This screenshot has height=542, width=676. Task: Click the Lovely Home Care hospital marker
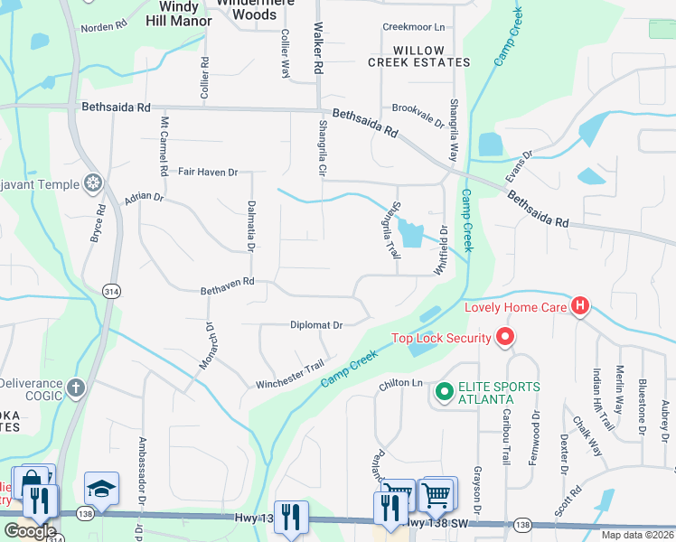579,307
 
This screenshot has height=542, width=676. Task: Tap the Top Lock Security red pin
505,339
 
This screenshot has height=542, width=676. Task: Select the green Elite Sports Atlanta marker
444,392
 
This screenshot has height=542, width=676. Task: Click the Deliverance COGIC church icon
76,389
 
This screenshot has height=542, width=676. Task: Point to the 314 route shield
111,292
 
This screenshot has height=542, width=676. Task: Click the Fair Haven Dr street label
207,172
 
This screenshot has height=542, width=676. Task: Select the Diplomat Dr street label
316,325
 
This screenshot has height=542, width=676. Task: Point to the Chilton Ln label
400,384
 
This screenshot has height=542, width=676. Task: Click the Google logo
29,531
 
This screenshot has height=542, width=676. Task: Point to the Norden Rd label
103,27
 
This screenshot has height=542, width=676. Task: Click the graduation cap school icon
101,489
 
